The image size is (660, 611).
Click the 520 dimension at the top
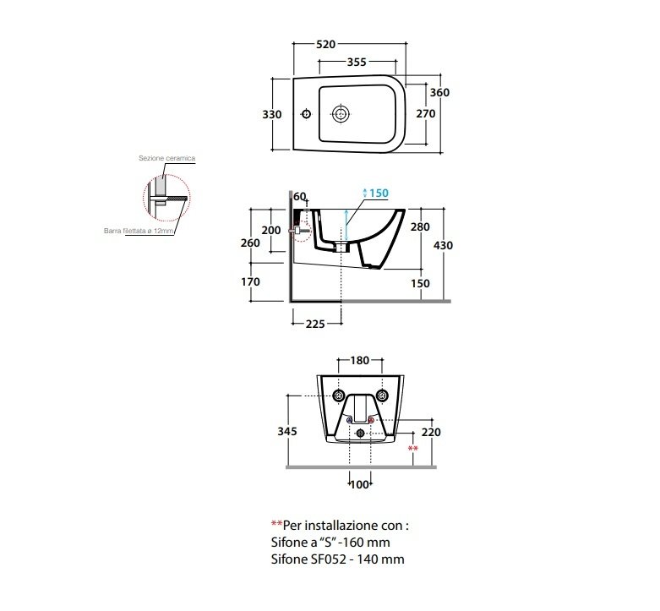coord(326,44)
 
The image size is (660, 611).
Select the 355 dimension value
coord(357,62)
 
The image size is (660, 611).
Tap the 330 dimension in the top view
coord(272,114)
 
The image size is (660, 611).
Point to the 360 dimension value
coord(439,93)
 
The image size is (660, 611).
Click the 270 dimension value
coord(426,113)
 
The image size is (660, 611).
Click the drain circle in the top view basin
coord(341,113)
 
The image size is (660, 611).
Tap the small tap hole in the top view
coord(307,113)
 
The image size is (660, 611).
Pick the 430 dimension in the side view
coord(443,245)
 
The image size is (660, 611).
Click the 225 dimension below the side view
coord(315,324)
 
